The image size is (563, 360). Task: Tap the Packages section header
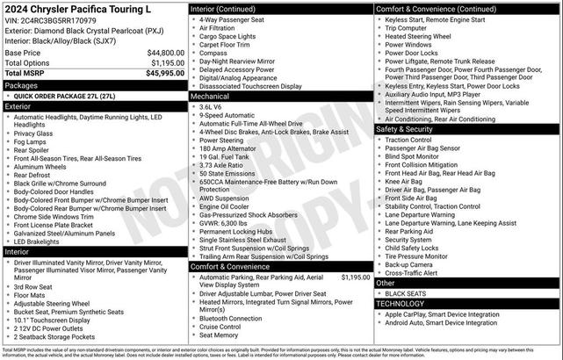(21, 85)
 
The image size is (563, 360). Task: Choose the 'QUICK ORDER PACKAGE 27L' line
(61, 96)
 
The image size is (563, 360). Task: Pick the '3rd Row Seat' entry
(34, 286)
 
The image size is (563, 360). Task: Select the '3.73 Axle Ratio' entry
(223, 165)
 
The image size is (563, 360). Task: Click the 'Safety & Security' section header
(405, 129)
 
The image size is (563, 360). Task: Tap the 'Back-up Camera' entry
(408, 264)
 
